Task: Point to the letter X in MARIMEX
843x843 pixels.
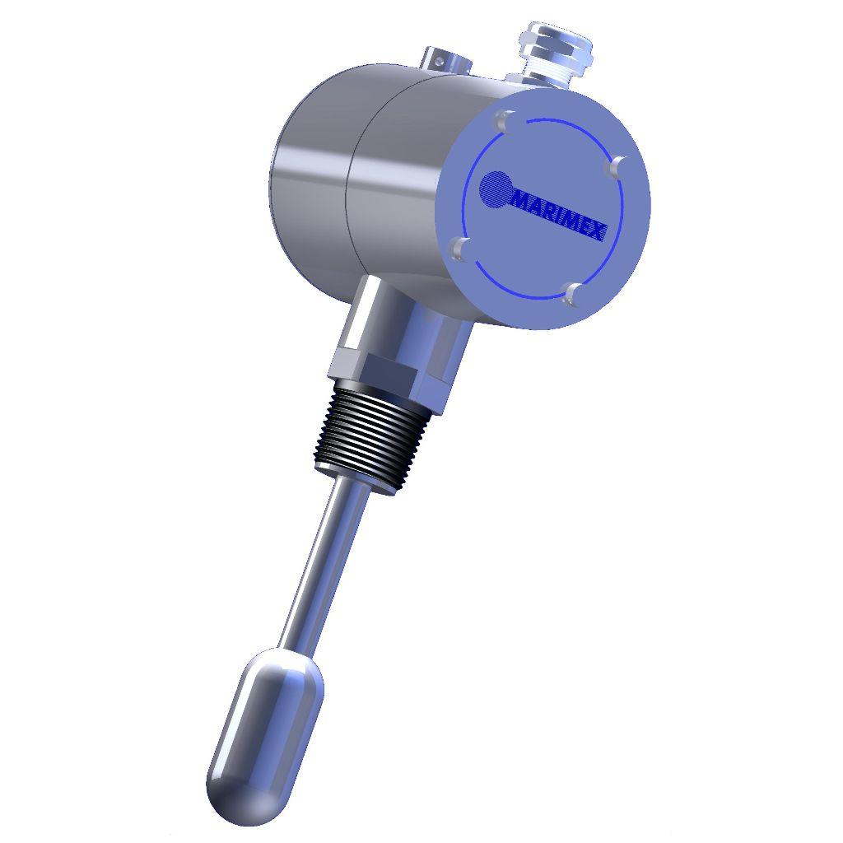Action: [598, 234]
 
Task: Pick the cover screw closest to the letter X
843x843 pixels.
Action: [618, 165]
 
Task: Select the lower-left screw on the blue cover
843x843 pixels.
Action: [462, 248]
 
